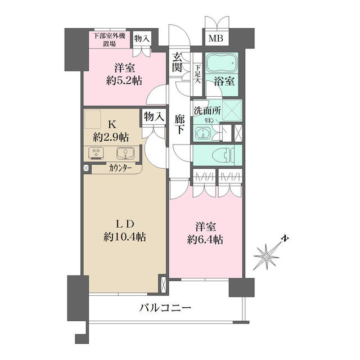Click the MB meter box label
pos(216,39)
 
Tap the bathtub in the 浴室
pos(221,62)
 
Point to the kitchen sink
pos(125,153)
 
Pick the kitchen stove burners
pos(96,153)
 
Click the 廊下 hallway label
pos(179,124)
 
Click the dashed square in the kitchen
pos(92,119)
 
